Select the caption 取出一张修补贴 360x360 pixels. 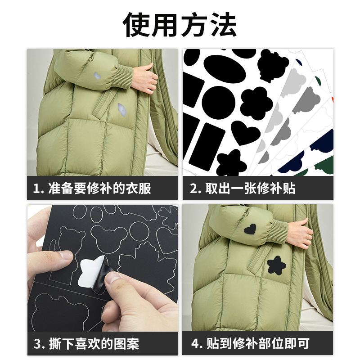click(x=249, y=188)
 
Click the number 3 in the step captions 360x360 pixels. click(x=37, y=344)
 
